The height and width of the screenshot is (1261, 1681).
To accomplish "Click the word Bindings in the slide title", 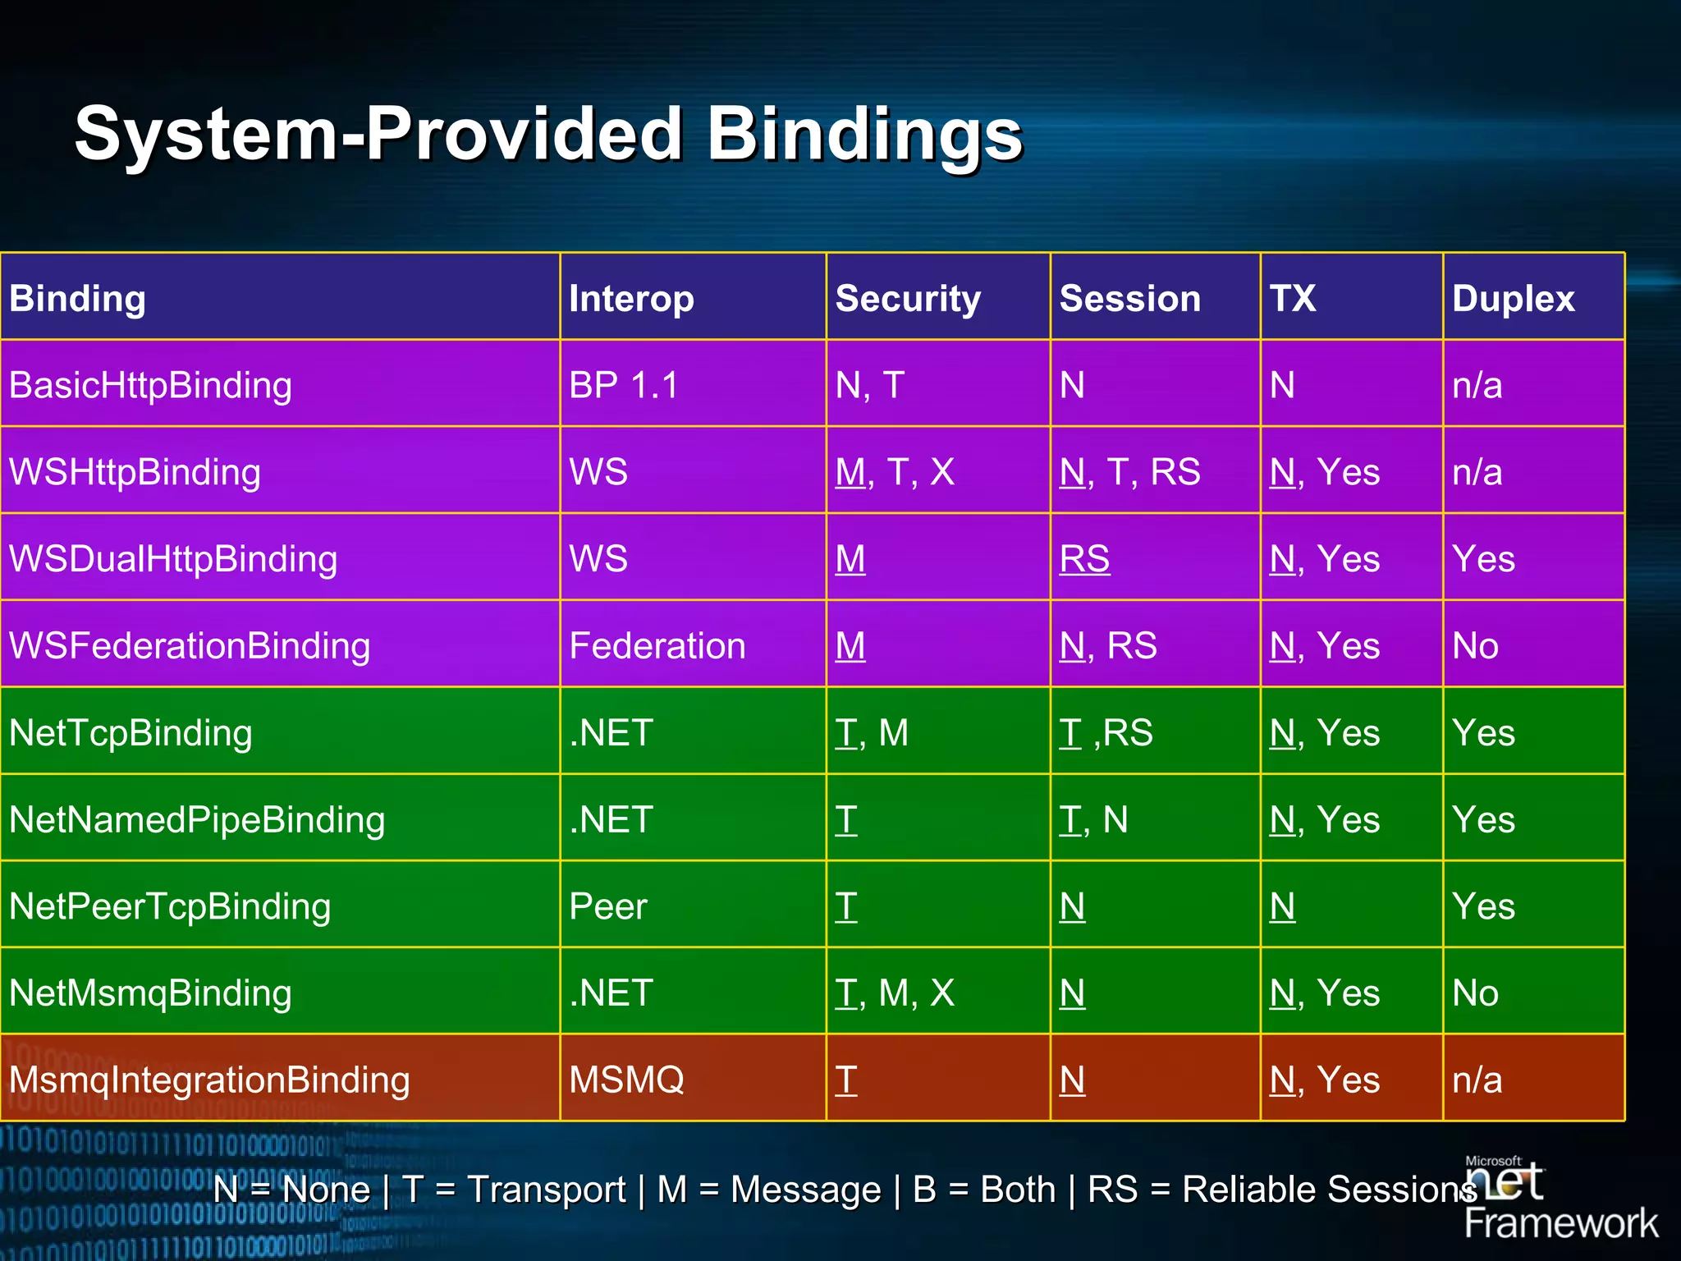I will coord(863,134).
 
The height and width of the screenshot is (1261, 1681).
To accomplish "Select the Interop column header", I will coord(631,298).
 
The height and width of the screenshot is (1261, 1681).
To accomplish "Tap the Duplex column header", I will coord(1513,298).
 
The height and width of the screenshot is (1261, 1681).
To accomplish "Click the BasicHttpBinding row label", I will coord(150,385).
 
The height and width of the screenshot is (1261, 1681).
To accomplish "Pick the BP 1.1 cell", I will coord(623,385).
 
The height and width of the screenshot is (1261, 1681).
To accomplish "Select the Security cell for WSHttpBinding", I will coord(894,472).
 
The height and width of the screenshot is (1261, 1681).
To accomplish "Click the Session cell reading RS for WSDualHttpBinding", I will coord(1083,559).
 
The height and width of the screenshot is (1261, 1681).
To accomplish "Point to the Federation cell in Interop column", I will coord(657,646).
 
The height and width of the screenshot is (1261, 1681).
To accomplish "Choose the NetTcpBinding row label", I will coord(131,733).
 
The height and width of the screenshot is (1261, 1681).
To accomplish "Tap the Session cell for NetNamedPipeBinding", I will coord(1093,820).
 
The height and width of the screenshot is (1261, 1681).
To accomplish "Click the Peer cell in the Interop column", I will coord(607,906).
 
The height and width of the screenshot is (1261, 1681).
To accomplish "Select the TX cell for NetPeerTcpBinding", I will coord(1282,906).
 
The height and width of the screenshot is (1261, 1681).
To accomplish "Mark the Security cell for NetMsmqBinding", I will coord(894,993).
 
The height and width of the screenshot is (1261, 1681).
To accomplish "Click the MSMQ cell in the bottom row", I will coord(626,1080).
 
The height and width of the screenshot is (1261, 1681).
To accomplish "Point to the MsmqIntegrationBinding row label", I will coord(209,1080).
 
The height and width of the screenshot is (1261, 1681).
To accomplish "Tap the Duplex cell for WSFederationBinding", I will coord(1475,646).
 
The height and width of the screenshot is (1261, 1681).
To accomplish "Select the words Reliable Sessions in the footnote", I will coord(1328,1190).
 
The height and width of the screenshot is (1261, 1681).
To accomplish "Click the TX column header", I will coord(1292,298).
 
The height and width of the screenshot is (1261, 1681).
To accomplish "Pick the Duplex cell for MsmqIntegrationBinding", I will coord(1477,1080).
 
